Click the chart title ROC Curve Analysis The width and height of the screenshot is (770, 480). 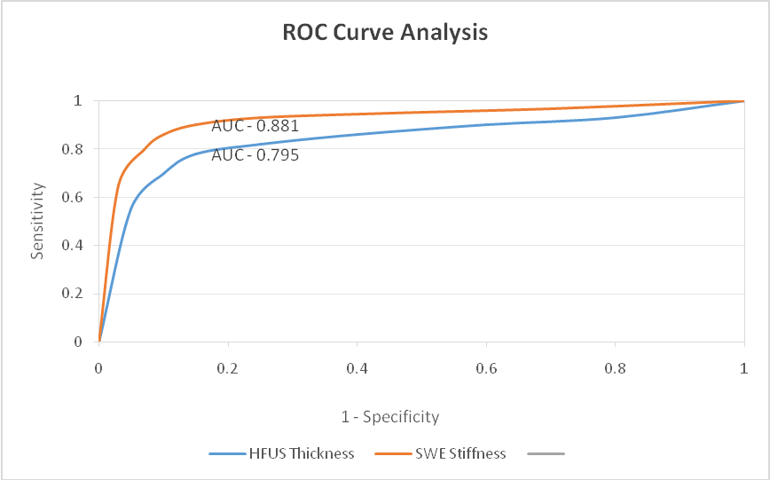pos(385,34)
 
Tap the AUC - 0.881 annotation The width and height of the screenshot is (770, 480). pos(255,126)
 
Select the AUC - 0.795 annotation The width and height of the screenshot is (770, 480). pos(255,155)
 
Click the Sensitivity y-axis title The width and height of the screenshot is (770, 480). pos(38,221)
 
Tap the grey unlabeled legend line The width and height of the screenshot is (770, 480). pos(546,453)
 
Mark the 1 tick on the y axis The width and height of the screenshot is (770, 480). pos(78,101)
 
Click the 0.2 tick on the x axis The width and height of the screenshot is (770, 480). pos(228,366)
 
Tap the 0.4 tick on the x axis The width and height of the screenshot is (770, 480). pos(357,366)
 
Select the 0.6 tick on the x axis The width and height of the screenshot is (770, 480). pos(485,366)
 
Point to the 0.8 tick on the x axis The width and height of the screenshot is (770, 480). pos(614,366)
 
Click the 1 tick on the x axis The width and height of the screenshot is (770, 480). pos(743,366)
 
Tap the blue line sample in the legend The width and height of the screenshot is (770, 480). pos(228,453)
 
